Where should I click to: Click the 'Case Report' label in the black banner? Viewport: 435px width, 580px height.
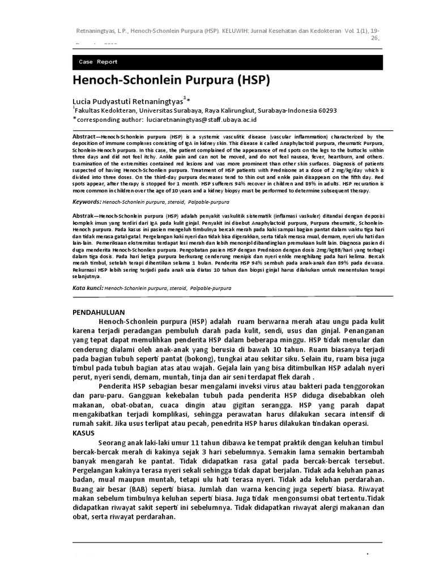(98, 62)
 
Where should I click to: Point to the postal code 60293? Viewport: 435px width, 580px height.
(325, 110)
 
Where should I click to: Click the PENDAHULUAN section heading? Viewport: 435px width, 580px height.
(101, 312)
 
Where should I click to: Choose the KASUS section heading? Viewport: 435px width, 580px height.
(84, 432)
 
